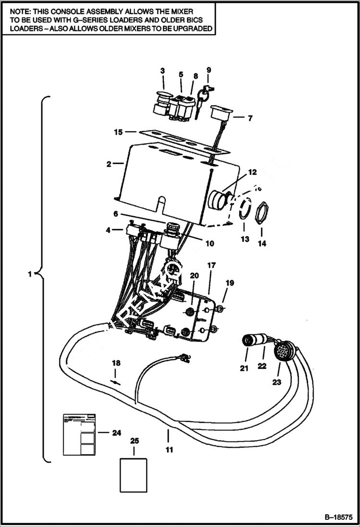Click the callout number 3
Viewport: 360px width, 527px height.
(x=162, y=71)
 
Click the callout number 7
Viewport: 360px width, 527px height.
(x=250, y=118)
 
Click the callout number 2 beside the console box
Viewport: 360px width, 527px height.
(x=109, y=164)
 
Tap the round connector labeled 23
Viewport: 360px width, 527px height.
(x=281, y=351)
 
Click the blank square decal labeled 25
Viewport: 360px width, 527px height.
(x=133, y=475)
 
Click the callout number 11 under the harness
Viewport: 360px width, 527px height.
(x=169, y=450)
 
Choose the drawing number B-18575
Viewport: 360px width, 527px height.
(x=338, y=517)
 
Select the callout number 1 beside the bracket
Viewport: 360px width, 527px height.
(x=30, y=274)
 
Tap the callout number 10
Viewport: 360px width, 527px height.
(x=210, y=244)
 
